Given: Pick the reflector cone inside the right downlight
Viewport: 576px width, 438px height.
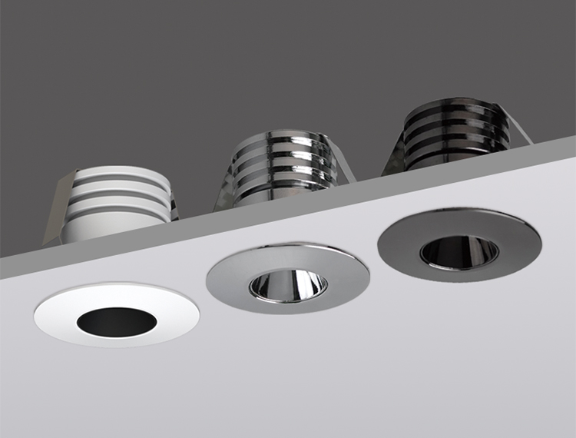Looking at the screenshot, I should click(459, 251).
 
